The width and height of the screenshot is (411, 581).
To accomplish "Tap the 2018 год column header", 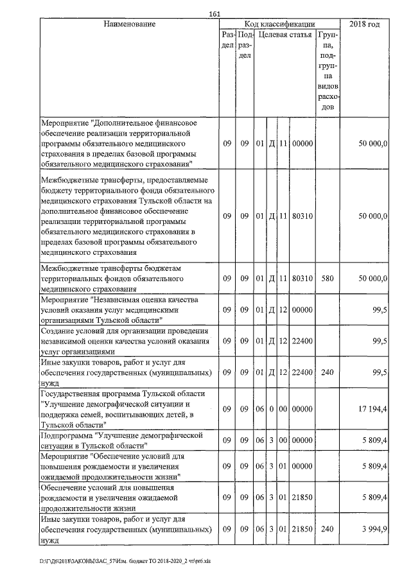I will pos(363,24).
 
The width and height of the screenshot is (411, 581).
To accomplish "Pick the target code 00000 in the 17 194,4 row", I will pos(302,409).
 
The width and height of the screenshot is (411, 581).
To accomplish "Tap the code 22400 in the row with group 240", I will pos(302,372).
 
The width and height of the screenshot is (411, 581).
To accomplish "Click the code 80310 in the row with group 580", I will pos(302,279).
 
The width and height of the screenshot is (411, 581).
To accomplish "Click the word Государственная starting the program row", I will pos(71,394).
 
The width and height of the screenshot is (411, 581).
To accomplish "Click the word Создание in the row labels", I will pos(57,331).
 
